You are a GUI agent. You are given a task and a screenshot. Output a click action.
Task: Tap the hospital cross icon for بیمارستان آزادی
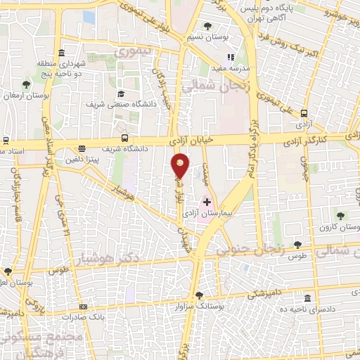coord(207,202)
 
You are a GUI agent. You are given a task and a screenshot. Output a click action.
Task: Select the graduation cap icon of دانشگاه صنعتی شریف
coord(121,94)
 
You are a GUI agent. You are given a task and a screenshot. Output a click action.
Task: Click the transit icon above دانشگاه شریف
coord(124,139)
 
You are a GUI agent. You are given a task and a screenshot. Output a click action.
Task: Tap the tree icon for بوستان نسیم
coord(207,26)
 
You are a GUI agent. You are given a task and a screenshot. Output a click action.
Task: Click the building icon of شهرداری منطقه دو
coord(62,53)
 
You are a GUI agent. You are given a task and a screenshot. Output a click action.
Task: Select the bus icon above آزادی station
coord(304,112)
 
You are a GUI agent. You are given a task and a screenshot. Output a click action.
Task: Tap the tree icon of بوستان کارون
coord(340,216)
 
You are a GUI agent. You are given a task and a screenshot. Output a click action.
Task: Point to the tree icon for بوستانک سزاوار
coord(200,295)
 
